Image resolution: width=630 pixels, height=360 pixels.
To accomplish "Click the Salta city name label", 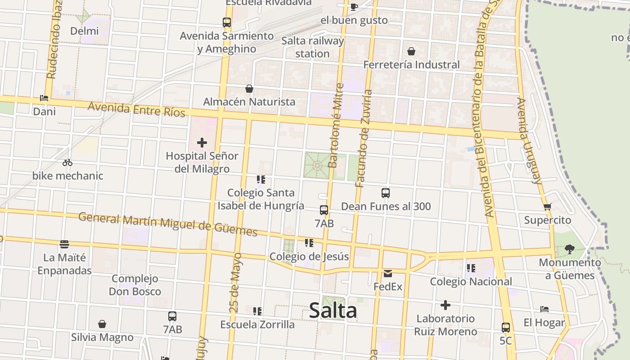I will (333, 310).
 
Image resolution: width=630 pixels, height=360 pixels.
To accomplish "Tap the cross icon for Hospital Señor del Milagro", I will (202, 143).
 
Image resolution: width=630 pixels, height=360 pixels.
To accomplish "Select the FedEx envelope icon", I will (388, 273).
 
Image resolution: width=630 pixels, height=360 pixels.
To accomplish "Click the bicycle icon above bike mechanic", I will (67, 162).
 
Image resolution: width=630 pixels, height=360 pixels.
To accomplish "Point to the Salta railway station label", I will (312, 47).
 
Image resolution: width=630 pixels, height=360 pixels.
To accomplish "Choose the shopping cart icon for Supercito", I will (547, 207).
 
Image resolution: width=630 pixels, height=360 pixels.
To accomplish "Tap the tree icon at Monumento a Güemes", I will (570, 249).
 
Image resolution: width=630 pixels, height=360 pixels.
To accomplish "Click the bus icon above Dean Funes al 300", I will (386, 193).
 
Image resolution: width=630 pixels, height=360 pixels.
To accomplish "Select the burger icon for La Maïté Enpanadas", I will (64, 244).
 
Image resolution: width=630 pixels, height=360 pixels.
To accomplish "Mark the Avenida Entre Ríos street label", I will (137, 109).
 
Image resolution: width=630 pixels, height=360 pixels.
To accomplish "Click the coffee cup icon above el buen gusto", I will (354, 7).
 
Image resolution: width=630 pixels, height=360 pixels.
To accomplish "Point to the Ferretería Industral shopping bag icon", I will (411, 51).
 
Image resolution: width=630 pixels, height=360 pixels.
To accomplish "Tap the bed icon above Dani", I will (44, 98).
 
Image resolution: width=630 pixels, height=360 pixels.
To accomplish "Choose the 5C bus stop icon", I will (506, 327).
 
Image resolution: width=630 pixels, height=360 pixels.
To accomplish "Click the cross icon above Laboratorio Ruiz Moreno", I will (445, 306).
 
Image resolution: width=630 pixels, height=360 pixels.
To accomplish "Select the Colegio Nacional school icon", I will (471, 268).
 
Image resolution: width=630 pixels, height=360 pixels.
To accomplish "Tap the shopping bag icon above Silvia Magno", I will (102, 324).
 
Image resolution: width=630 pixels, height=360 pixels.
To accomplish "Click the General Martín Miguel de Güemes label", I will (168, 224).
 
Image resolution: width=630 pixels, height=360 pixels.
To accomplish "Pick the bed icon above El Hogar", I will (544, 309).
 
